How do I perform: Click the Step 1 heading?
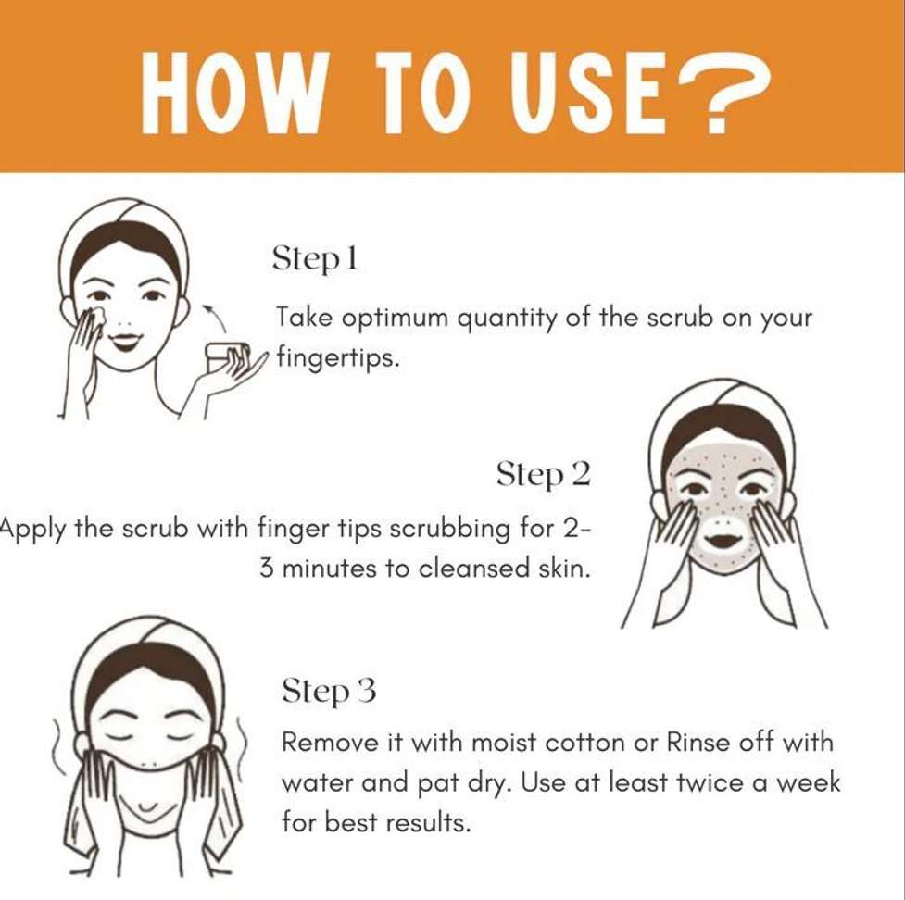[315, 258]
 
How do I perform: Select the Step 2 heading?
[544, 475]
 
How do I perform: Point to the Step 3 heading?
[329, 691]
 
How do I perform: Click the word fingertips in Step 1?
[338, 357]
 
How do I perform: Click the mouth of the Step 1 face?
[125, 341]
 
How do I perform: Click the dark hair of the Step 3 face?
[149, 675]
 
